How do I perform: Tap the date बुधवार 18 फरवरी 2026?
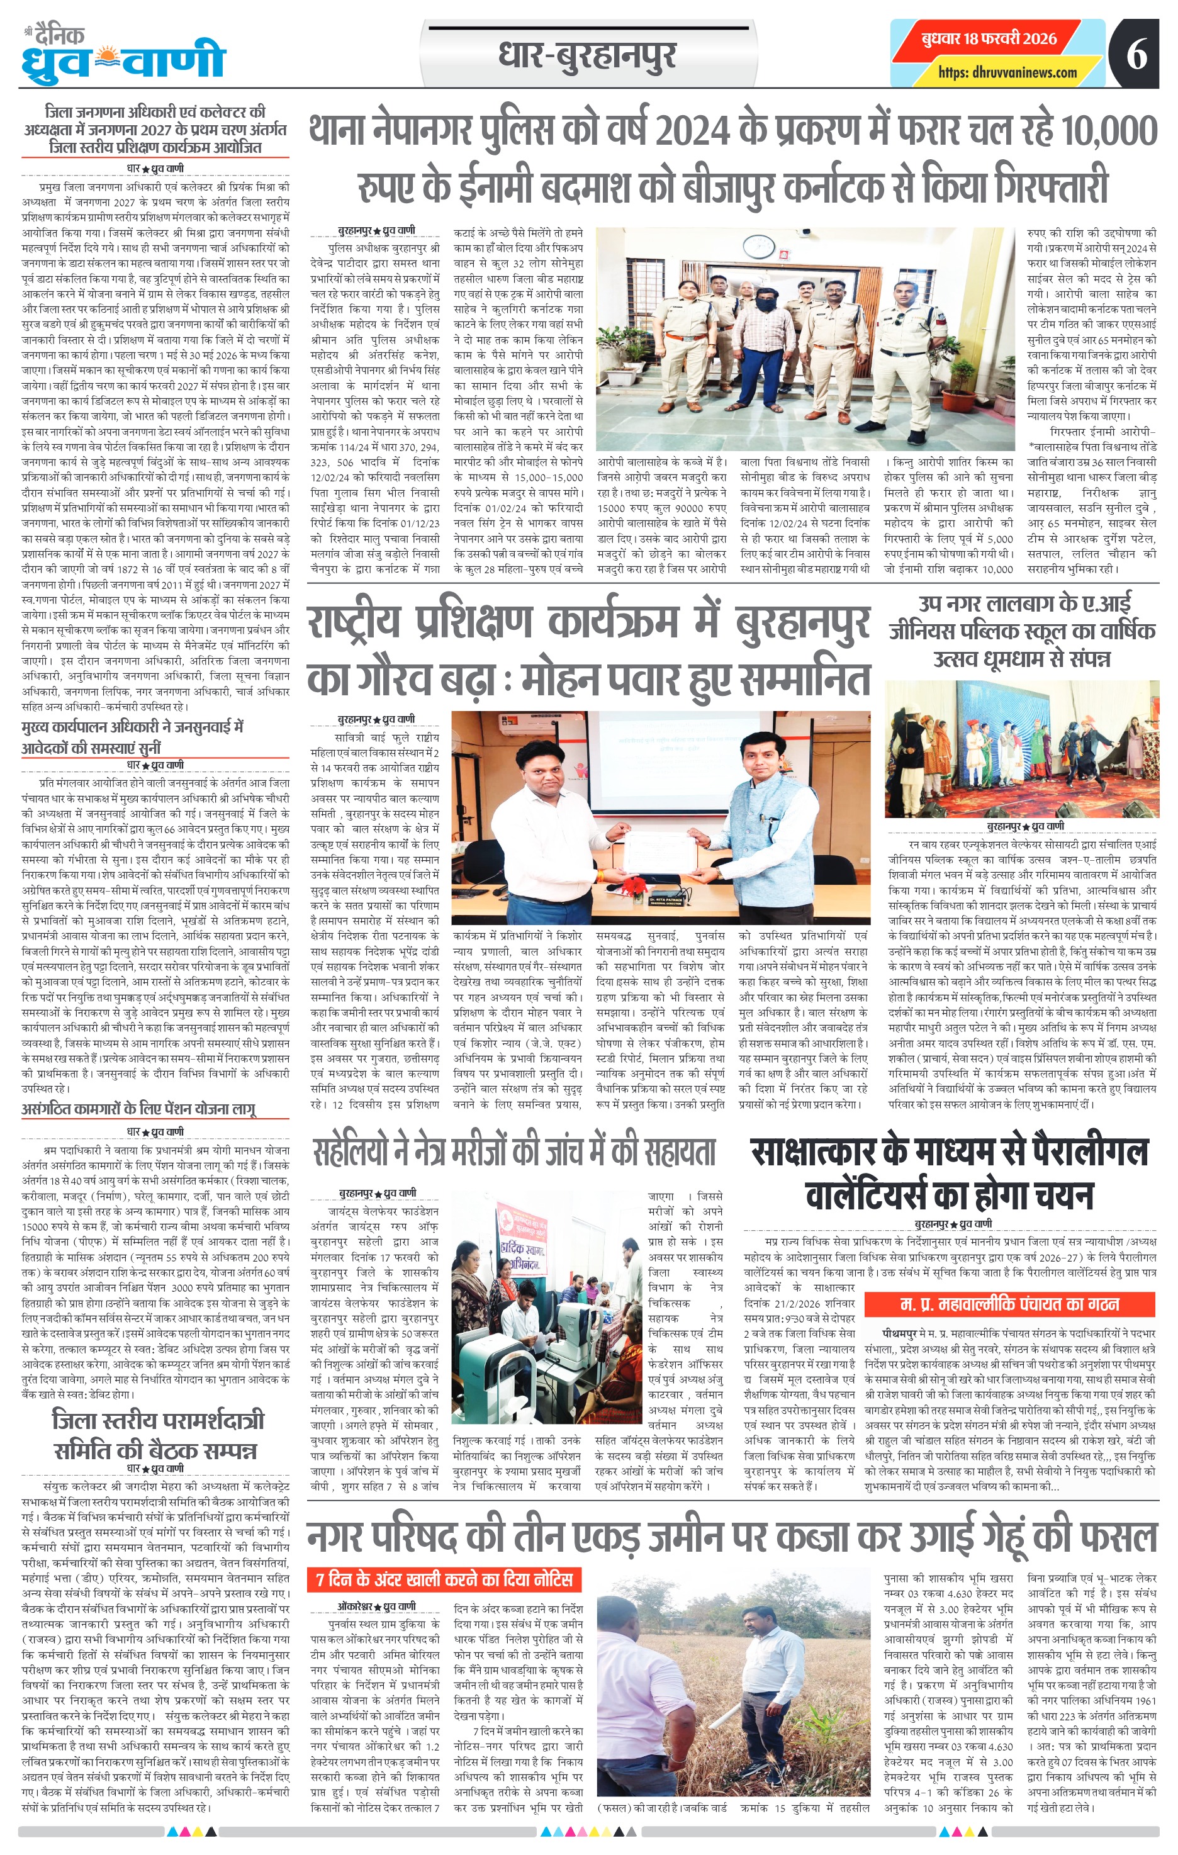click(989, 38)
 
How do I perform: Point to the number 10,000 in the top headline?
click(1109, 130)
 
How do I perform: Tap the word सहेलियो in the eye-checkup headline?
click(351, 1152)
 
